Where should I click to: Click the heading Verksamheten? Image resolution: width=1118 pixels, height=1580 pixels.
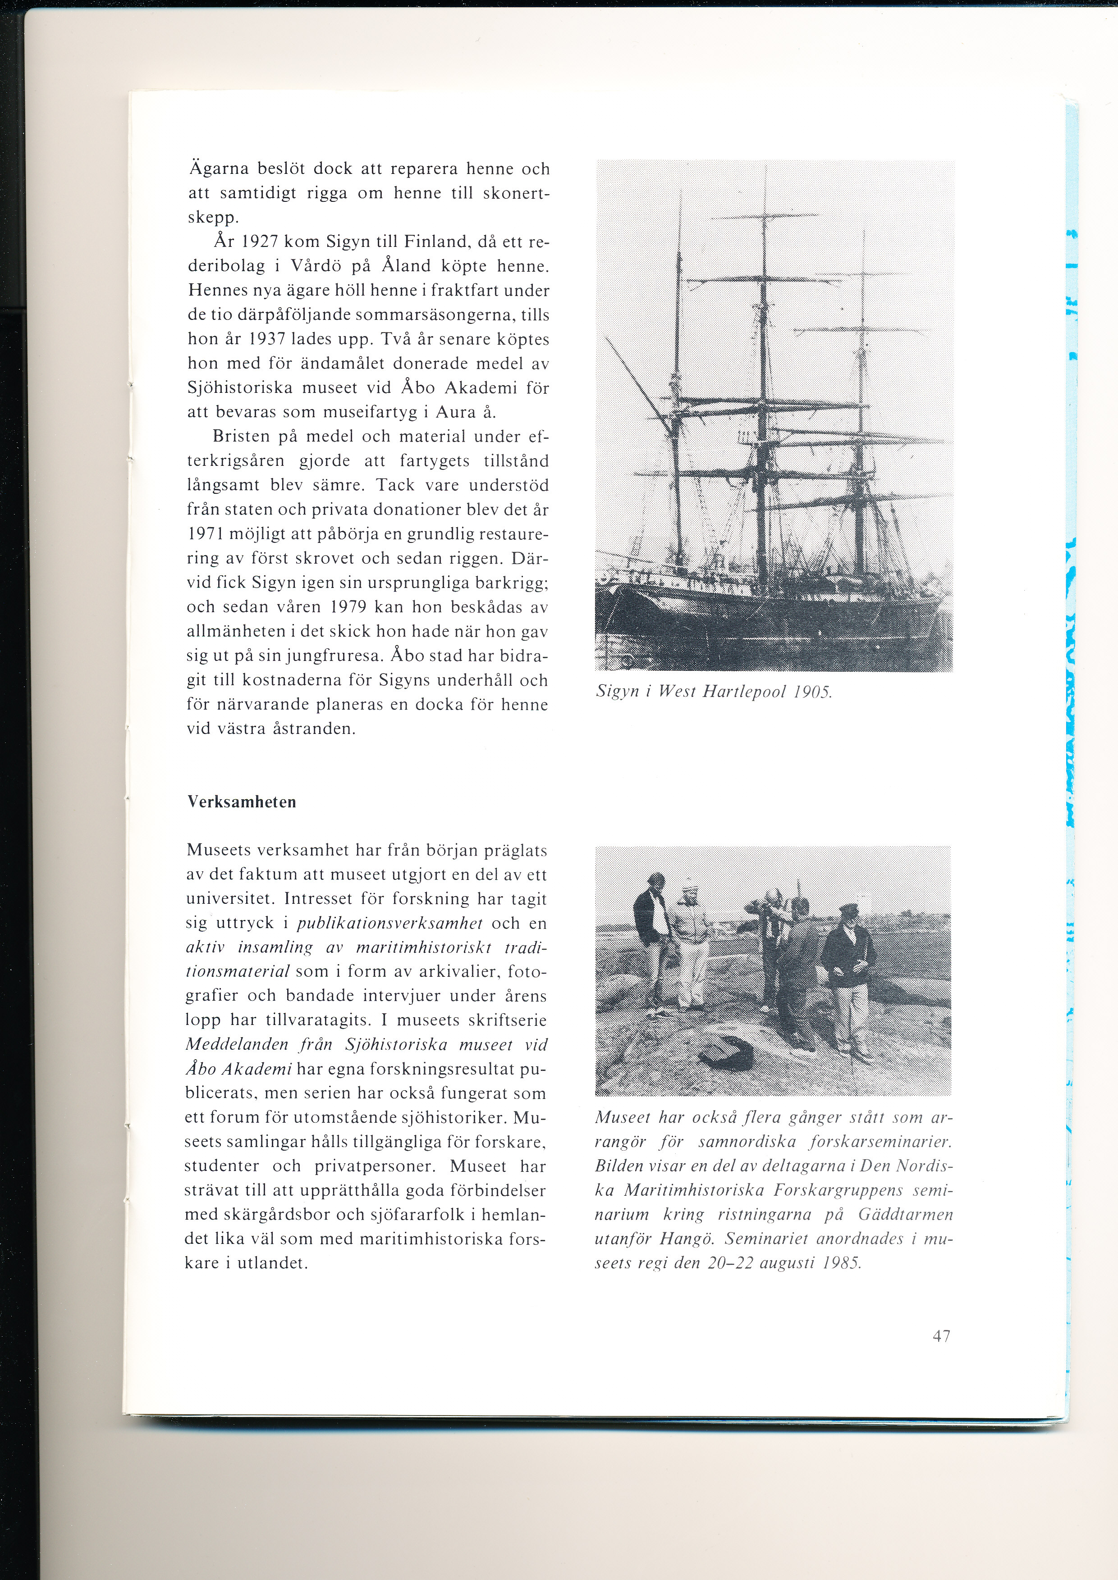pos(242,802)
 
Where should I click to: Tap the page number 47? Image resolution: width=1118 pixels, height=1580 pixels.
pos(941,1336)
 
